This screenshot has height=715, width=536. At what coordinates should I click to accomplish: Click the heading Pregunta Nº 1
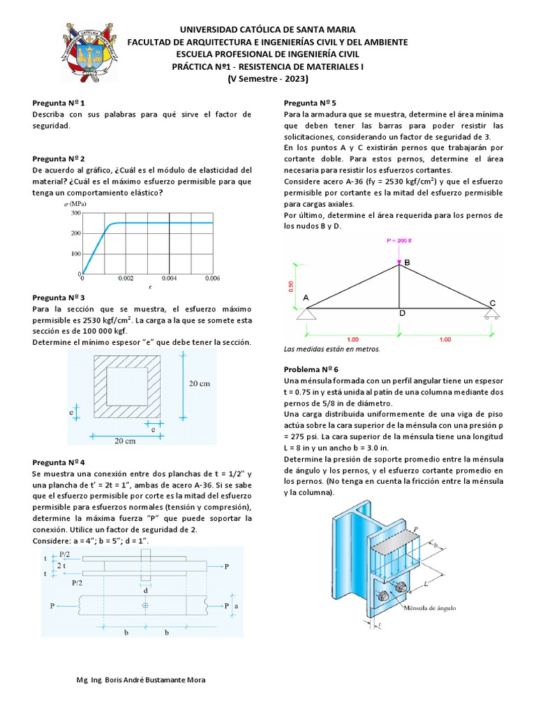59,102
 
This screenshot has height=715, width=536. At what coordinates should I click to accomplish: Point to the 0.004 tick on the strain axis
169,279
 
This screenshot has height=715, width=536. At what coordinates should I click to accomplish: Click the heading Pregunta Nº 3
59,297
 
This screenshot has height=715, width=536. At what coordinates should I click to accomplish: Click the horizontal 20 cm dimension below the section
125,441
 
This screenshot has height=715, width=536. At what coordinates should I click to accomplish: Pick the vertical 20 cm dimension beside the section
200,383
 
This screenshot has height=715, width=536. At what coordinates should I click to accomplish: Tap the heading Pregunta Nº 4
59,462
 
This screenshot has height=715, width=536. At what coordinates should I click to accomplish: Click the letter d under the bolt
145,591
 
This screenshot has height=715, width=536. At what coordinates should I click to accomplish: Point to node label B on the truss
407,262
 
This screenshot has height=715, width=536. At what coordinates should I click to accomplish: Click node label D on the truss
402,313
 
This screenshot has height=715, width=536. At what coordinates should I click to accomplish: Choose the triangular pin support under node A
306,313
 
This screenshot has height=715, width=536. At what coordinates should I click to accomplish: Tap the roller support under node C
492,313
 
